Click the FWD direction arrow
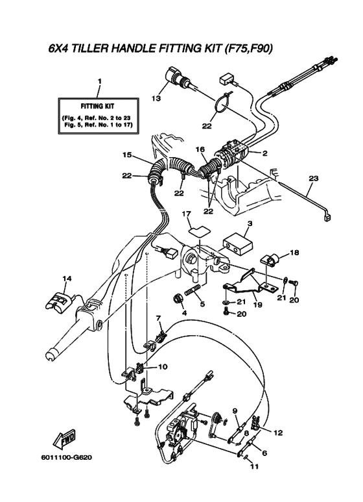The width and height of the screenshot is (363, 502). coord(64,438)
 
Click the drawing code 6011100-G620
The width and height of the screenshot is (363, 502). coord(67,457)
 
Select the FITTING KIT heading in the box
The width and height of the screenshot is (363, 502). coord(97,106)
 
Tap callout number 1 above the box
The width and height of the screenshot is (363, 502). coord(99,81)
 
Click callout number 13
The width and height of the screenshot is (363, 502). coord(156,98)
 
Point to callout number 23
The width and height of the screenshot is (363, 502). coord(314,178)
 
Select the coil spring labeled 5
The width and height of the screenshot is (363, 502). coord(193,290)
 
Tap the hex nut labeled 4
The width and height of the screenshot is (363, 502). coord(178,299)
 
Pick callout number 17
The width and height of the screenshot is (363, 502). coord(187,214)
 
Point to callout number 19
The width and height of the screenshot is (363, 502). coord(257,305)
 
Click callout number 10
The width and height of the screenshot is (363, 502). coord(163,366)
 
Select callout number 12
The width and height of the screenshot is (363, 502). coord(278,433)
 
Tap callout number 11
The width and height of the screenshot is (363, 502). coord(254,466)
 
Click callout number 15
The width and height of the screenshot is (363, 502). coord(127,155)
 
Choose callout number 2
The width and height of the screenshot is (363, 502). coord(264,153)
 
